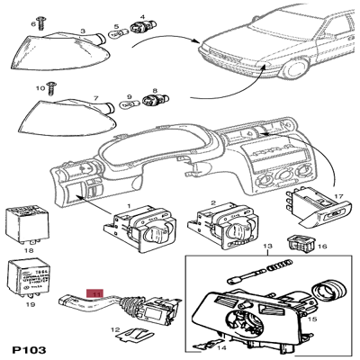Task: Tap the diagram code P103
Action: click(x=30, y=346)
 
